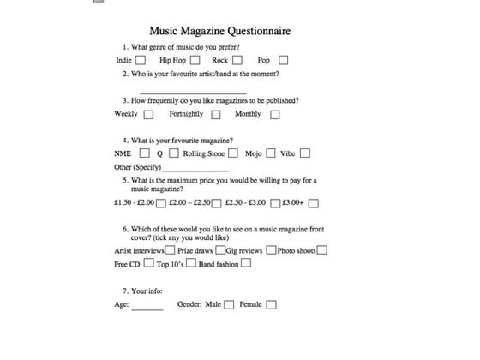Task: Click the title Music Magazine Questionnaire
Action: coord(219,31)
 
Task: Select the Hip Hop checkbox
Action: coord(195,61)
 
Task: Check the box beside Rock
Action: coord(237,61)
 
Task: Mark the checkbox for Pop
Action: coord(283,61)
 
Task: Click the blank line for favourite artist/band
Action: coord(192,91)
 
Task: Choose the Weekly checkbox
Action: coord(149,114)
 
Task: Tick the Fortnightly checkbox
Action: coord(215,114)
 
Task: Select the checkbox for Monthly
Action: coord(274,114)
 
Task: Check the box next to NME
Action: coord(143,153)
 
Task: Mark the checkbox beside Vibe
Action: coord(304,153)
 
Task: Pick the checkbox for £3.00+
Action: coord(314,203)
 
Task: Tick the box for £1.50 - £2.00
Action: coord(162,203)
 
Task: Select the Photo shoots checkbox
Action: coord(321,250)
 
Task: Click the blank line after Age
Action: coord(147,308)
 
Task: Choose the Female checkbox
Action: coord(272,304)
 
